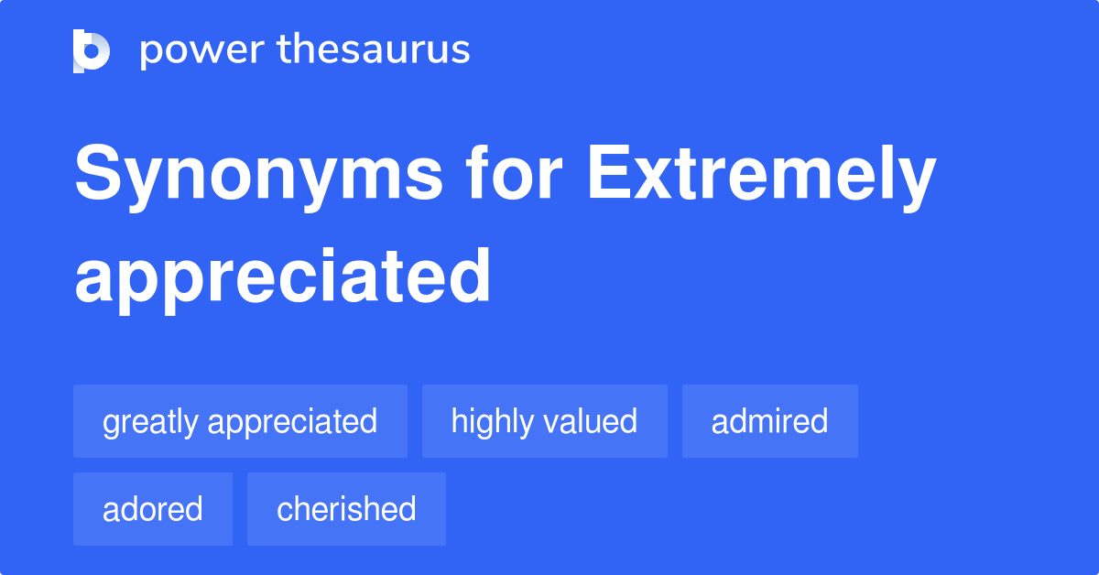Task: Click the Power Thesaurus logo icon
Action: pyautogui.click(x=92, y=50)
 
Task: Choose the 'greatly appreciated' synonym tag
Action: pyautogui.click(x=240, y=421)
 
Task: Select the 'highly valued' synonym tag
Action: pyautogui.click(x=544, y=421)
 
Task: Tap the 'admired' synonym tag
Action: pyautogui.click(x=769, y=421)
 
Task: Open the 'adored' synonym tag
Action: pyautogui.click(x=153, y=509)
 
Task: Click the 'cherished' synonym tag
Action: pyautogui.click(x=346, y=509)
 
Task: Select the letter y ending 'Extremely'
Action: pyautogui.click(x=917, y=183)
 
